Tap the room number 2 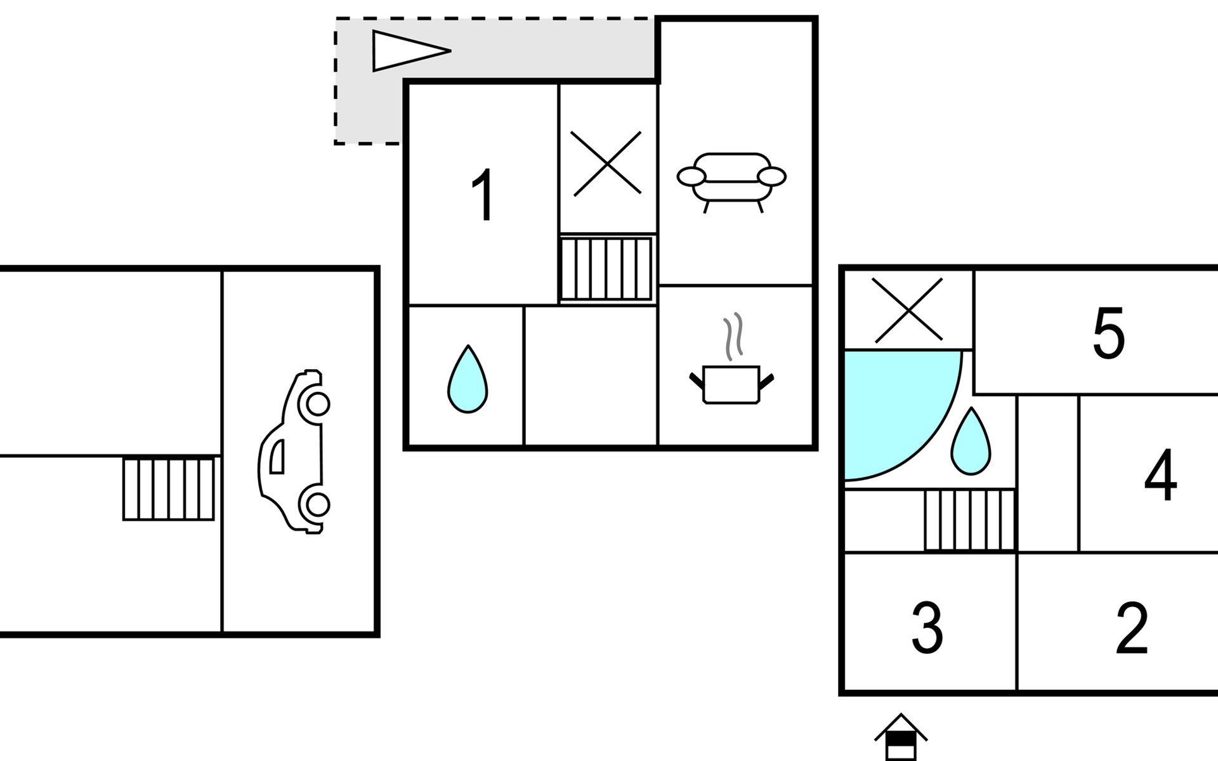pyautogui.click(x=1132, y=628)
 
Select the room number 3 pyautogui.click(x=927, y=628)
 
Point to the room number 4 pyautogui.click(x=1160, y=475)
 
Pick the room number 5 pyautogui.click(x=1108, y=333)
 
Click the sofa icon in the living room pyautogui.click(x=731, y=180)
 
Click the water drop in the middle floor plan pyautogui.click(x=468, y=380)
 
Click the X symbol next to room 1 pyautogui.click(x=606, y=163)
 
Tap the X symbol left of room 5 pyautogui.click(x=908, y=310)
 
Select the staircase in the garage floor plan pyautogui.click(x=169, y=489)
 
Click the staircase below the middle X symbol pyautogui.click(x=606, y=268)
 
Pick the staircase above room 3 pyautogui.click(x=969, y=519)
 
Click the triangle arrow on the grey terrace pyautogui.click(x=406, y=51)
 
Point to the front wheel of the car pyautogui.click(x=317, y=403)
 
